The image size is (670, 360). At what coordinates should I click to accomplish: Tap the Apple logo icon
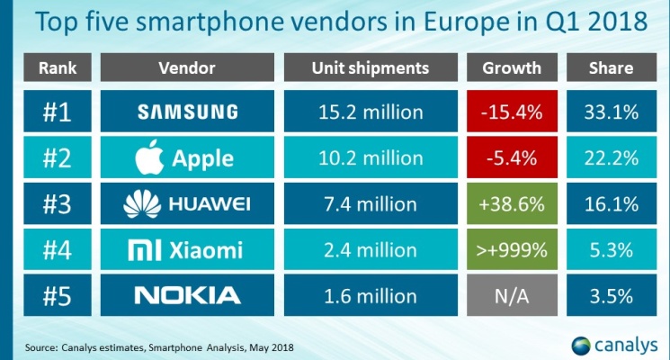click(145, 157)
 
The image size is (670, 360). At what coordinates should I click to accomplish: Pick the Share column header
click(612, 68)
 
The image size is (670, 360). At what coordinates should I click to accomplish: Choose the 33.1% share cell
click(612, 112)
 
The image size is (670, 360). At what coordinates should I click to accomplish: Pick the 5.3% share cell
click(612, 249)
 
